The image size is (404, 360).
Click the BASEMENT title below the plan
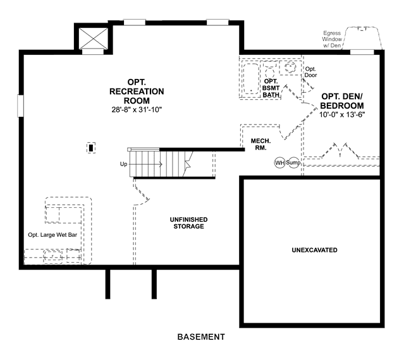coord(201,337)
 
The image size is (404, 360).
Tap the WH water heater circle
coord(279,163)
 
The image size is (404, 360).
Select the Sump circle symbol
coord(293,163)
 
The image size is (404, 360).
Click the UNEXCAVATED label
coord(314,250)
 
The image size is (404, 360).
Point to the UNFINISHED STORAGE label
coord(188,223)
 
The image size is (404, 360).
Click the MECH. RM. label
coord(260,145)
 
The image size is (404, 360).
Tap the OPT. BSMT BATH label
coord(271,88)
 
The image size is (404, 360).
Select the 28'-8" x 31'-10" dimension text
coord(137,110)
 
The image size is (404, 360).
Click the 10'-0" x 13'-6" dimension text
coord(342,115)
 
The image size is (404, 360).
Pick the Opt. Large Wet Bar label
coord(52,235)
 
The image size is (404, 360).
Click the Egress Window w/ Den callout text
coord(332,39)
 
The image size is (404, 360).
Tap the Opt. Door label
coord(310,72)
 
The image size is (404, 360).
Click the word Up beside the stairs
coord(123,164)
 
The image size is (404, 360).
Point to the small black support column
coord(91,148)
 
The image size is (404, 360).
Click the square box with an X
coord(93,38)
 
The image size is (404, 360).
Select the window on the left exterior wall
coord(20,105)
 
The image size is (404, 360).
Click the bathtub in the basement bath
coord(251,78)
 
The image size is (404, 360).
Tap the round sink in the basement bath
coord(290,68)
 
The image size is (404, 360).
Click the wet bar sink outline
coord(53,256)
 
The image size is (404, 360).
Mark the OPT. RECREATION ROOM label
coord(137,92)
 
